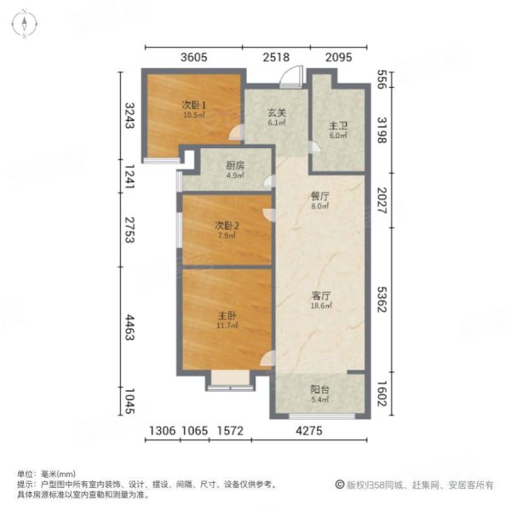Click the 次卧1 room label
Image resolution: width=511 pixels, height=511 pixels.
tap(193, 106)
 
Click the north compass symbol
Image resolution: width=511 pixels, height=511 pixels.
tap(26, 24)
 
